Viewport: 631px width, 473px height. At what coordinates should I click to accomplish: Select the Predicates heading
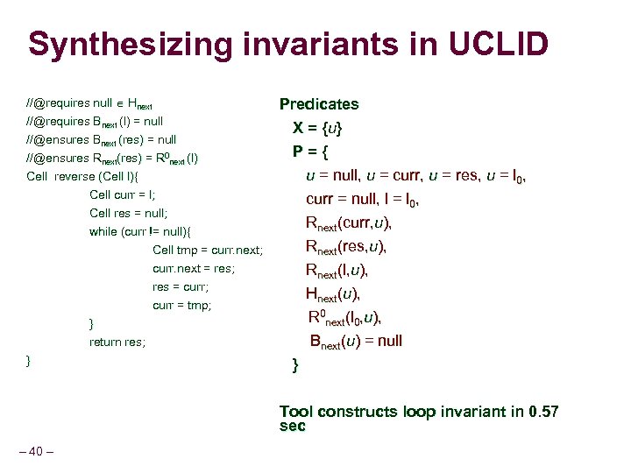319,104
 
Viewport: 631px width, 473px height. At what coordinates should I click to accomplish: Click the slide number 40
36,451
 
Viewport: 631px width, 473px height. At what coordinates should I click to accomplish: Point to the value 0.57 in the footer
544,411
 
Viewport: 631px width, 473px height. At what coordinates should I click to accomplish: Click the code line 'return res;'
117,342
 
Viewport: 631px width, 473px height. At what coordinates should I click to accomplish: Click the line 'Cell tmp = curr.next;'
208,251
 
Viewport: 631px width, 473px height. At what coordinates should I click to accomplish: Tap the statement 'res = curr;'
181,287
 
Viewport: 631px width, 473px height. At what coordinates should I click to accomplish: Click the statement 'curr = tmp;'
182,306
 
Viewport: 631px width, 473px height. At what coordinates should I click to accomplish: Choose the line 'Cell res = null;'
128,213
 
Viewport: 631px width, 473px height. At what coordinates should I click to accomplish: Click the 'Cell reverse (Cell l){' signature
79,176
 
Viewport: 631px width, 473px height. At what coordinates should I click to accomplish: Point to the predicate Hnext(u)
333,293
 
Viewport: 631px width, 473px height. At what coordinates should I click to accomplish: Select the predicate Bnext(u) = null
355,342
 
